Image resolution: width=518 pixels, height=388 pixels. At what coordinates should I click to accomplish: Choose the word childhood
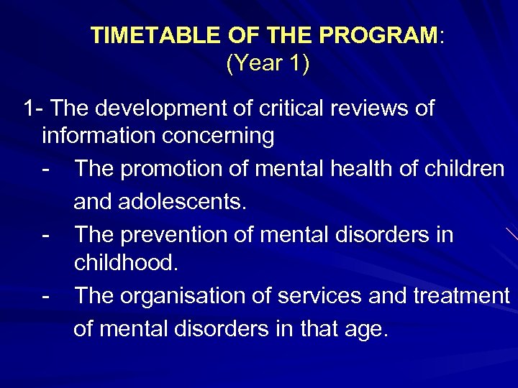coord(125,263)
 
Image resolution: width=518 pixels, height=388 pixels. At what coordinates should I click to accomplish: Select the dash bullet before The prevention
coord(47,234)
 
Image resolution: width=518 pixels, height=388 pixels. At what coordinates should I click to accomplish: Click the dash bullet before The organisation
coord(47,295)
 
